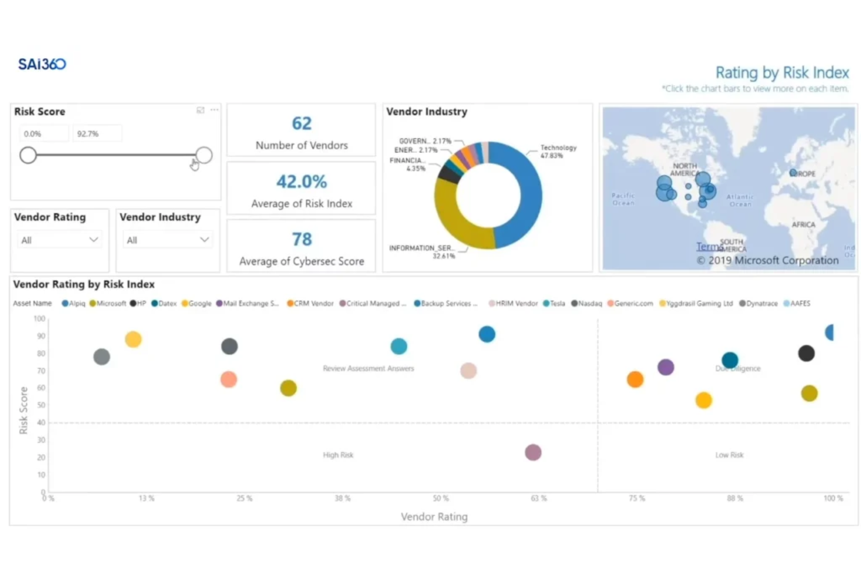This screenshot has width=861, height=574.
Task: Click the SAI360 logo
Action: coord(42,64)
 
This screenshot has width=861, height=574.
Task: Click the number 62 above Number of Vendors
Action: coord(301,123)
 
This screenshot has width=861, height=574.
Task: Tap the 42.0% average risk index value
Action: coord(301,181)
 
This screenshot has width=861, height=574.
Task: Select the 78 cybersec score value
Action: coord(301,239)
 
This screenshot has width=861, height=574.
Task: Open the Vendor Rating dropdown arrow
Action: coord(93,240)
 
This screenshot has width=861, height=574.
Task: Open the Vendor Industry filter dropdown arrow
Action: coord(204,240)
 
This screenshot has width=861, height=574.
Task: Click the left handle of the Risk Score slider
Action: coord(28,155)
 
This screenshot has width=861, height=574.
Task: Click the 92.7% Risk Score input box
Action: coord(97,134)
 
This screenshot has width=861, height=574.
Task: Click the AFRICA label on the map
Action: coord(803,224)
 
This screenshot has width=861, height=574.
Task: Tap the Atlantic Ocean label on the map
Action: coord(740,201)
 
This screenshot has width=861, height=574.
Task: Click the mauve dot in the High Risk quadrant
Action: coord(533,452)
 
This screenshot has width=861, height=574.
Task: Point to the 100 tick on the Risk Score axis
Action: coord(40,319)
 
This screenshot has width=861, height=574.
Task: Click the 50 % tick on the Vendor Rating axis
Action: coord(440,498)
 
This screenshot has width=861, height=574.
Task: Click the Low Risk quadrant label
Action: coord(729,455)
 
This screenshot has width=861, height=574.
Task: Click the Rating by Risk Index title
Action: coord(782,73)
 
